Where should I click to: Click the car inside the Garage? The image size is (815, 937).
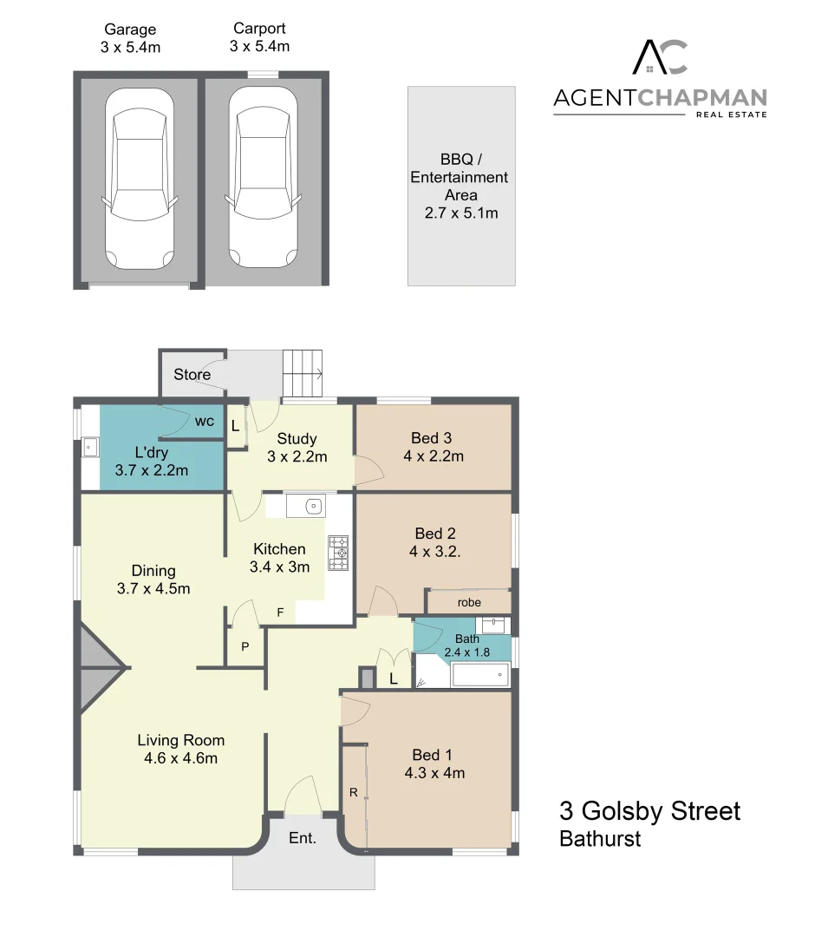click(x=139, y=180)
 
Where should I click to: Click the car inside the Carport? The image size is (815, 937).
click(x=264, y=180)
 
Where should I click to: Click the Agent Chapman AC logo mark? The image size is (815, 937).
click(x=660, y=57)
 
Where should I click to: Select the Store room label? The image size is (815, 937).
click(x=192, y=375)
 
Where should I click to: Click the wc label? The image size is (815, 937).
click(x=205, y=422)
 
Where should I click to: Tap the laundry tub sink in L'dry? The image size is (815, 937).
click(x=89, y=449)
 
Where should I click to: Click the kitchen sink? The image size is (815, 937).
click(x=304, y=506)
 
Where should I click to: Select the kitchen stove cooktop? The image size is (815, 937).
click(x=337, y=553)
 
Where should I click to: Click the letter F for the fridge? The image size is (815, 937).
click(x=280, y=613)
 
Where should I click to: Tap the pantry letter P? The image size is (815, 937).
click(x=245, y=646)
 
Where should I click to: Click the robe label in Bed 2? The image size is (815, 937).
click(x=469, y=602)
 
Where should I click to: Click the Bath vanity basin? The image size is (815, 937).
click(x=492, y=624)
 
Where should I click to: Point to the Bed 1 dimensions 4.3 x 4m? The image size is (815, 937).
click(x=434, y=773)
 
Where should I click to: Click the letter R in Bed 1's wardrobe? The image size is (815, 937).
click(x=353, y=792)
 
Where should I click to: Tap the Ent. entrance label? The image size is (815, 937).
click(x=302, y=839)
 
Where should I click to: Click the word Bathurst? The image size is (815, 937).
click(x=600, y=839)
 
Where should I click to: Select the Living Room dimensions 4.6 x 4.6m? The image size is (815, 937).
click(x=180, y=758)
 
